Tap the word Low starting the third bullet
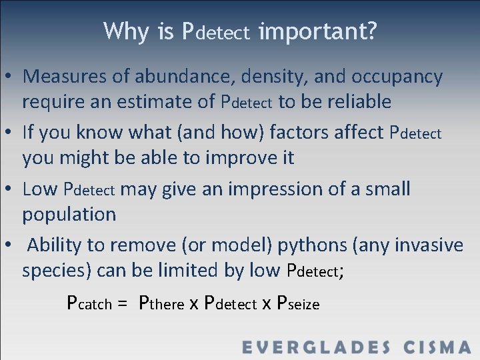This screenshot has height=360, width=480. [40, 189]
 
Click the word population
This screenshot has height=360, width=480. [69, 214]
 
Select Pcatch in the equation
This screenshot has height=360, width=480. [89, 303]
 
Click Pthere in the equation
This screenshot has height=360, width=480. [161, 303]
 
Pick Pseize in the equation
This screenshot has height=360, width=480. [297, 303]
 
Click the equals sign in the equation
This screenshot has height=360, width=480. [121, 304]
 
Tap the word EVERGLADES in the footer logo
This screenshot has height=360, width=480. [315, 347]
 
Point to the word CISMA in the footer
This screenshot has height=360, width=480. [437, 347]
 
